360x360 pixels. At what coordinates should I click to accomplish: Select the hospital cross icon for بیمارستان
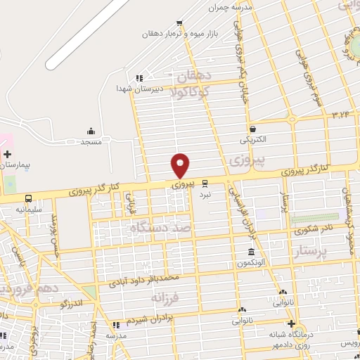point(7,153)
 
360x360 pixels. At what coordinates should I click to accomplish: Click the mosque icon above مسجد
point(91,131)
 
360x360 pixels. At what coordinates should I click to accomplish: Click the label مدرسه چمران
point(232,8)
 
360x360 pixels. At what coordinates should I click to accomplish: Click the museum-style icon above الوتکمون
point(251,252)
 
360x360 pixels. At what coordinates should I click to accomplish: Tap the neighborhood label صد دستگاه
point(161,228)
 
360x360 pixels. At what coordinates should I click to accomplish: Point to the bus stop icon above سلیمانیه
point(29,198)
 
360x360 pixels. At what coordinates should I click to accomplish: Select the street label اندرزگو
point(73,303)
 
